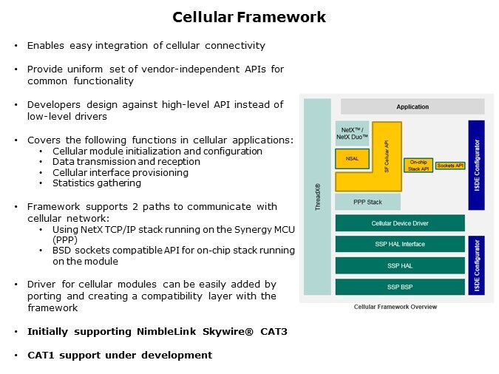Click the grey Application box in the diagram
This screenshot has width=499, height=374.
click(412, 106)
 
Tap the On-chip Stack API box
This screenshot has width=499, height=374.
click(418, 166)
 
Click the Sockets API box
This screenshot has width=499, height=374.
click(450, 166)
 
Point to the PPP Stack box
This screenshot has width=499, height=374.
click(368, 202)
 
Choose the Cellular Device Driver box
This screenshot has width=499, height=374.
click(400, 223)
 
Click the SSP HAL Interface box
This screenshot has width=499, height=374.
click(400, 244)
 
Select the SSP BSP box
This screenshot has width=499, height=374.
click(400, 286)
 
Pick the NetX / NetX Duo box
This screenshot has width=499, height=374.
click(352, 134)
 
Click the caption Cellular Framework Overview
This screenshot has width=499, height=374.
click(395, 307)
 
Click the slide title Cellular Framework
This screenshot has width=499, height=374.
click(249, 17)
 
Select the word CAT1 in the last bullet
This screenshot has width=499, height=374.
click(43, 356)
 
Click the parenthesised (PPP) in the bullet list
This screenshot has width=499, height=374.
click(64, 239)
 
